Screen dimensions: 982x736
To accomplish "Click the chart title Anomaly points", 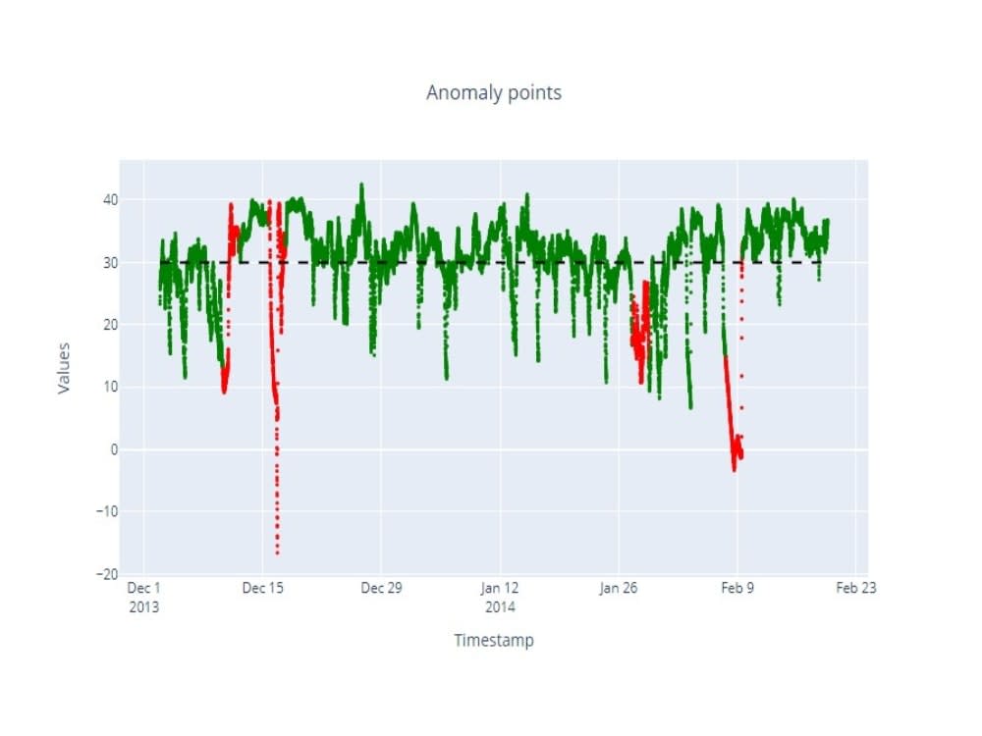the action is point(494,92).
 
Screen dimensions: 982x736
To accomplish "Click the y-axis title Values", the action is point(63,368).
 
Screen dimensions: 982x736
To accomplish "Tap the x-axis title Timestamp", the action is point(494,640).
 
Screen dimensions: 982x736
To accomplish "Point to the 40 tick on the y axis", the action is point(110,199).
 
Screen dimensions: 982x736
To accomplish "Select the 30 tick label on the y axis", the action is point(110,263).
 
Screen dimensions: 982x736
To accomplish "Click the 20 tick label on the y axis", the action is point(110,325).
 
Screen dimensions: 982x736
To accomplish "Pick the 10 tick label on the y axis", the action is point(110,387).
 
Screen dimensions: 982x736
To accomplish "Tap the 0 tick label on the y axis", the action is point(114,449).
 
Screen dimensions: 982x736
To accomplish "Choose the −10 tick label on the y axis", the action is point(106,511).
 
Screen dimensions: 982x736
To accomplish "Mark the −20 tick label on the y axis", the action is point(106,574).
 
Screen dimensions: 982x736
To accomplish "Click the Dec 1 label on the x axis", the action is point(144,588).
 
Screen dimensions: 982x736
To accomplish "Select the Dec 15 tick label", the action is point(263,588).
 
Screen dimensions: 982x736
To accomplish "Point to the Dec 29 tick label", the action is point(381,588).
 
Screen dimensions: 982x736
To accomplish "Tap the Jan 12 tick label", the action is point(500,588).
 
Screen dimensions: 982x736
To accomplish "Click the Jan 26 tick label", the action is point(618,588).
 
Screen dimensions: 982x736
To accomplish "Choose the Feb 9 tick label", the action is point(737,588).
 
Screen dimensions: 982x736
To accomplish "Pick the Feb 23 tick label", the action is point(856,588).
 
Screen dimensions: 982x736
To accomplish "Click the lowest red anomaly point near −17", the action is point(277,553).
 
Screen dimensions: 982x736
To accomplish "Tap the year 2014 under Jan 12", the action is point(500,607).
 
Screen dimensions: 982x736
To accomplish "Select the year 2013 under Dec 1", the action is point(144,607).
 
